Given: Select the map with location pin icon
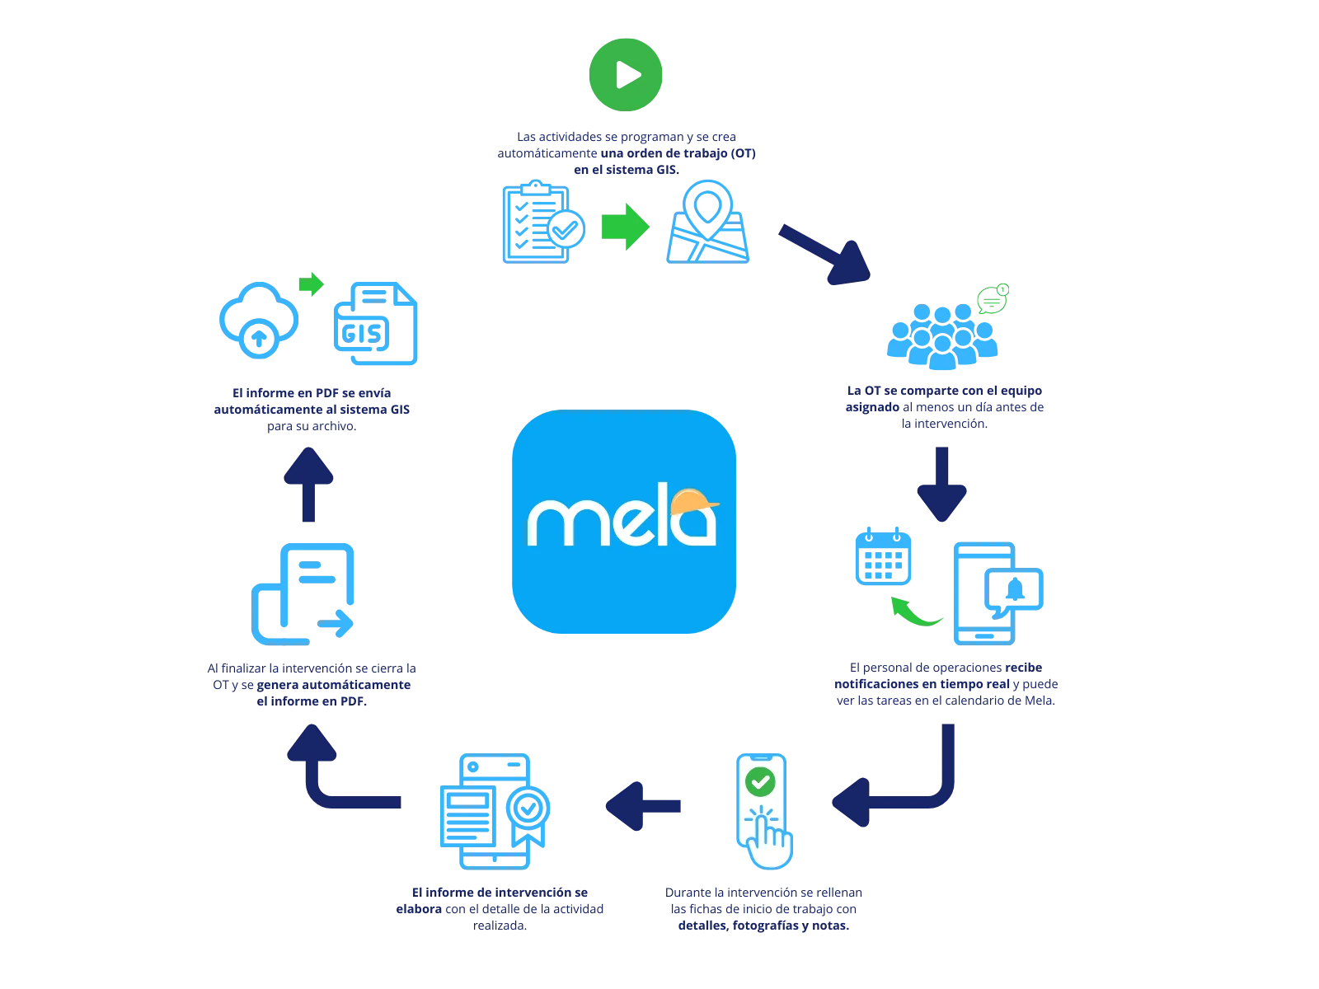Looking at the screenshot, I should pyautogui.click(x=709, y=223).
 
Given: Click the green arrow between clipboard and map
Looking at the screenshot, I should pyautogui.click(x=626, y=224).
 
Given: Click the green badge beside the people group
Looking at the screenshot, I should pyautogui.click(x=993, y=298).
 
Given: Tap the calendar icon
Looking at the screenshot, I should pyautogui.click(x=883, y=555).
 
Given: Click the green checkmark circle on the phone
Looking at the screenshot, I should pyautogui.click(x=760, y=780).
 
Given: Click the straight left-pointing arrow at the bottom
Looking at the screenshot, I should pyautogui.click(x=644, y=806).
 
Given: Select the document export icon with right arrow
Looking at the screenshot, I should pyautogui.click(x=303, y=593).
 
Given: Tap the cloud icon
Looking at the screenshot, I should pyautogui.click(x=259, y=319).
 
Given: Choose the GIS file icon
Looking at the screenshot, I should pyautogui.click(x=375, y=324).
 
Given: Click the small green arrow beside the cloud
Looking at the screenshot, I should pyautogui.click(x=311, y=285).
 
